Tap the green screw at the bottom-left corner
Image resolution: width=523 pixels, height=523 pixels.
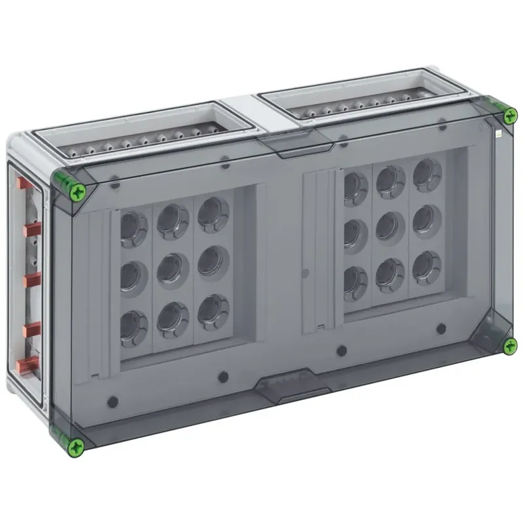(76, 446)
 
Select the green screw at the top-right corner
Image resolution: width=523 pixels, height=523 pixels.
(509, 116)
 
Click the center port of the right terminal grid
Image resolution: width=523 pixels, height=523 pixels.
(390, 226)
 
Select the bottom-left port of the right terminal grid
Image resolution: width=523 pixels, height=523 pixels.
(355, 279)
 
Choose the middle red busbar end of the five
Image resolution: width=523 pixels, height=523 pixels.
(31, 280)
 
